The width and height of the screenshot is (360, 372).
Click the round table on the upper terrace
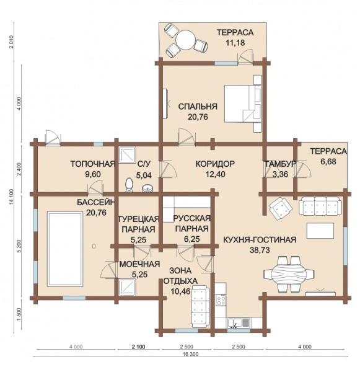click(185, 40)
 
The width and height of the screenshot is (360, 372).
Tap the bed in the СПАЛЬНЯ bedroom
click(243, 104)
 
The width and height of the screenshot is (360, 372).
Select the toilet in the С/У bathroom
click(129, 184)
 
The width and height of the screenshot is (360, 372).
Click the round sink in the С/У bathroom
click(147, 188)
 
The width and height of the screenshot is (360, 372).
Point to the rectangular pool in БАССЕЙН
click(65, 249)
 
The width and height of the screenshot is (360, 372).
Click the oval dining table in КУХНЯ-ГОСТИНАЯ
click(289, 274)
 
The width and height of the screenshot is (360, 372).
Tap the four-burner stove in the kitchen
click(221, 300)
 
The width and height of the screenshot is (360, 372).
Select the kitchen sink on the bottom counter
click(239, 323)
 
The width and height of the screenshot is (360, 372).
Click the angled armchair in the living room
click(281, 208)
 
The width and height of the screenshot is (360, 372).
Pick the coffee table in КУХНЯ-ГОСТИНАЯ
click(320, 231)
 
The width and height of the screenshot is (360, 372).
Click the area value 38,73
click(260, 250)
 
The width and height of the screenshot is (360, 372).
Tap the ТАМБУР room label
click(280, 164)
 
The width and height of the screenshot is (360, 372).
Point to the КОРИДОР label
click(216, 164)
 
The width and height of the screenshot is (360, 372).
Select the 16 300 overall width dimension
click(191, 355)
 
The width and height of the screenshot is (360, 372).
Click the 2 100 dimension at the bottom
click(139, 347)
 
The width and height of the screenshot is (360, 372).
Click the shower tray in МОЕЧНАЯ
click(127, 288)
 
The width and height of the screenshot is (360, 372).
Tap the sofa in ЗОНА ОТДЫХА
click(201, 306)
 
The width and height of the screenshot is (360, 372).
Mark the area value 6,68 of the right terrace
click(328, 162)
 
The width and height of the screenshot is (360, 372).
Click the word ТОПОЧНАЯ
click(93, 164)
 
